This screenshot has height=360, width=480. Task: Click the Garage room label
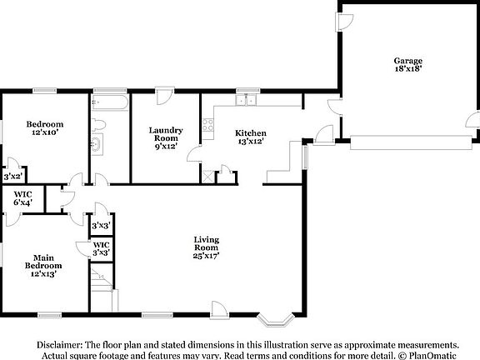pos(407,66)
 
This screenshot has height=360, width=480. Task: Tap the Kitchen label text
pos(250,137)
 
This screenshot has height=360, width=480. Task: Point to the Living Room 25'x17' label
pos(206,247)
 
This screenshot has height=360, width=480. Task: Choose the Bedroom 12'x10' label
pos(47,128)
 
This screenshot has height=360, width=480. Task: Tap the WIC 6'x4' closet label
pos(22,198)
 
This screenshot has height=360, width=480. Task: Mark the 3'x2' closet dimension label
pos(12,176)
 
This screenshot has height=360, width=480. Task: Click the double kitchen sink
pos(246,102)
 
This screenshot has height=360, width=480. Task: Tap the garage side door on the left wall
pos(342,22)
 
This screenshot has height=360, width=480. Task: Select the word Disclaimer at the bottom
pos(58,343)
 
